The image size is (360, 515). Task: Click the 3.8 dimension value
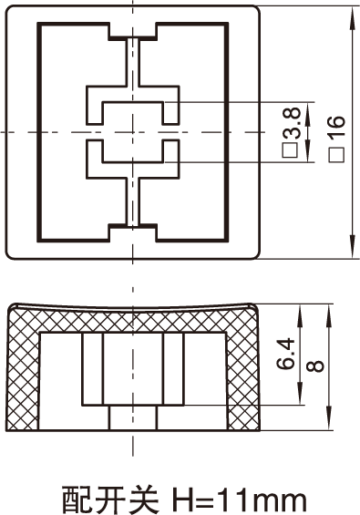click(292, 122)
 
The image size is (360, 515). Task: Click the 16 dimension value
click(337, 127)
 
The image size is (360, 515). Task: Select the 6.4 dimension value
click(285, 354)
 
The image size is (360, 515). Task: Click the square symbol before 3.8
click(291, 149)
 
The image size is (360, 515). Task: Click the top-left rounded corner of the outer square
click(9, 9)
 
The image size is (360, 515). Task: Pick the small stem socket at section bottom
click(133, 417)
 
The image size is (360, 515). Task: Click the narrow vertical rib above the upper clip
click(133, 62)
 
